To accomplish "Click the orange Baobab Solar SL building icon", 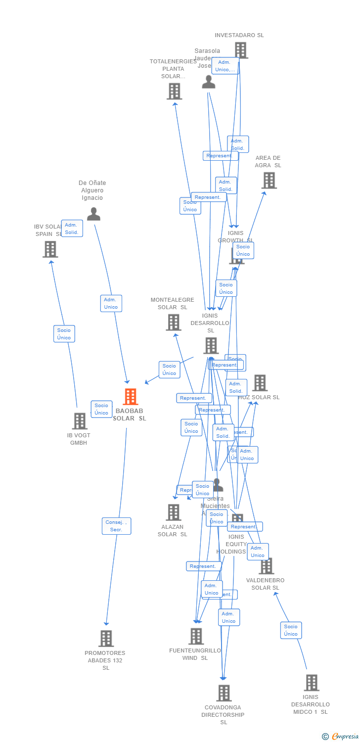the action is click(131, 397).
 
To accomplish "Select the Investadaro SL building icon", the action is click(241, 50).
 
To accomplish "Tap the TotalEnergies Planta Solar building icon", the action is click(174, 91).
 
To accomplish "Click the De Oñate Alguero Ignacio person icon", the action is click(93, 214).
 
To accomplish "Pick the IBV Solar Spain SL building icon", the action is click(50, 249).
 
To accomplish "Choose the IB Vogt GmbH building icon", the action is click(79, 421).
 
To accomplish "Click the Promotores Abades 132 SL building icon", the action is click(106, 638).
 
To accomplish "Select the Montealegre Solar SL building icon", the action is click(174, 323).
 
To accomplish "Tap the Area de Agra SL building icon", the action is click(269, 181).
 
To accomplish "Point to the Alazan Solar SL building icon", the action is click(174, 512).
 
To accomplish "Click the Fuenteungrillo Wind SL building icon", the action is click(196, 636).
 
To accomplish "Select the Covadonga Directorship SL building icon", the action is click(224, 693).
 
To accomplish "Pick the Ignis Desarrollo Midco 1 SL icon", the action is click(311, 683).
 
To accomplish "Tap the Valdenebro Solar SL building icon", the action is click(267, 566).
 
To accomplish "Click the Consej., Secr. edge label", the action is click(117, 526).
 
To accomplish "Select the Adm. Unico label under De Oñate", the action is click(111, 303).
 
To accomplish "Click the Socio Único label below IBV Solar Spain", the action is click(64, 334).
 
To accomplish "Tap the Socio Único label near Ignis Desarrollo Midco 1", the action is click(291, 630).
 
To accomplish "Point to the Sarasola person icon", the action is click(209, 82).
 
